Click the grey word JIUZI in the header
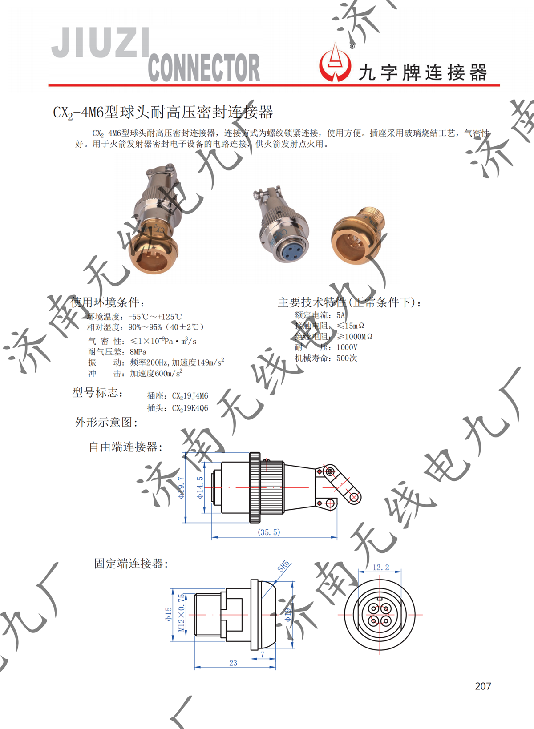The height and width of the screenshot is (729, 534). pos(101,43)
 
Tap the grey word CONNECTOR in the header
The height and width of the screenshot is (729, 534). pos(204,68)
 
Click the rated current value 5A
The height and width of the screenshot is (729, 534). pos(340,315)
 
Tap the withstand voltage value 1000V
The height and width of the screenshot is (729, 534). pos(347,347)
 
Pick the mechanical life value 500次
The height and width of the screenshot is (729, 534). pos(347,358)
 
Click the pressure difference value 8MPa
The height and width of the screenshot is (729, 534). pos(138,352)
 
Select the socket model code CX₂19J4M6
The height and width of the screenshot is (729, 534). pos(190,395)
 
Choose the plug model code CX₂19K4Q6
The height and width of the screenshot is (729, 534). pos(190,408)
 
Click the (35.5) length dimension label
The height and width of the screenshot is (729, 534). pos(269,532)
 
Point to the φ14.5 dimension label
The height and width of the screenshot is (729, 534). pos(200,487)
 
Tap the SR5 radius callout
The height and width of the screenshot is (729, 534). pos(283,566)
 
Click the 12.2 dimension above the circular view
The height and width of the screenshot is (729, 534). pos(380,567)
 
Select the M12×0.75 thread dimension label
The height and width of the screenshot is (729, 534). pos(181,612)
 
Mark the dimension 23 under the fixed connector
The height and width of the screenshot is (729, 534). pos(233,662)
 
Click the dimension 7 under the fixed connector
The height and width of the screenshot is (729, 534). pos(263,654)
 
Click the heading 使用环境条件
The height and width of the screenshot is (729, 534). pos(108,302)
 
